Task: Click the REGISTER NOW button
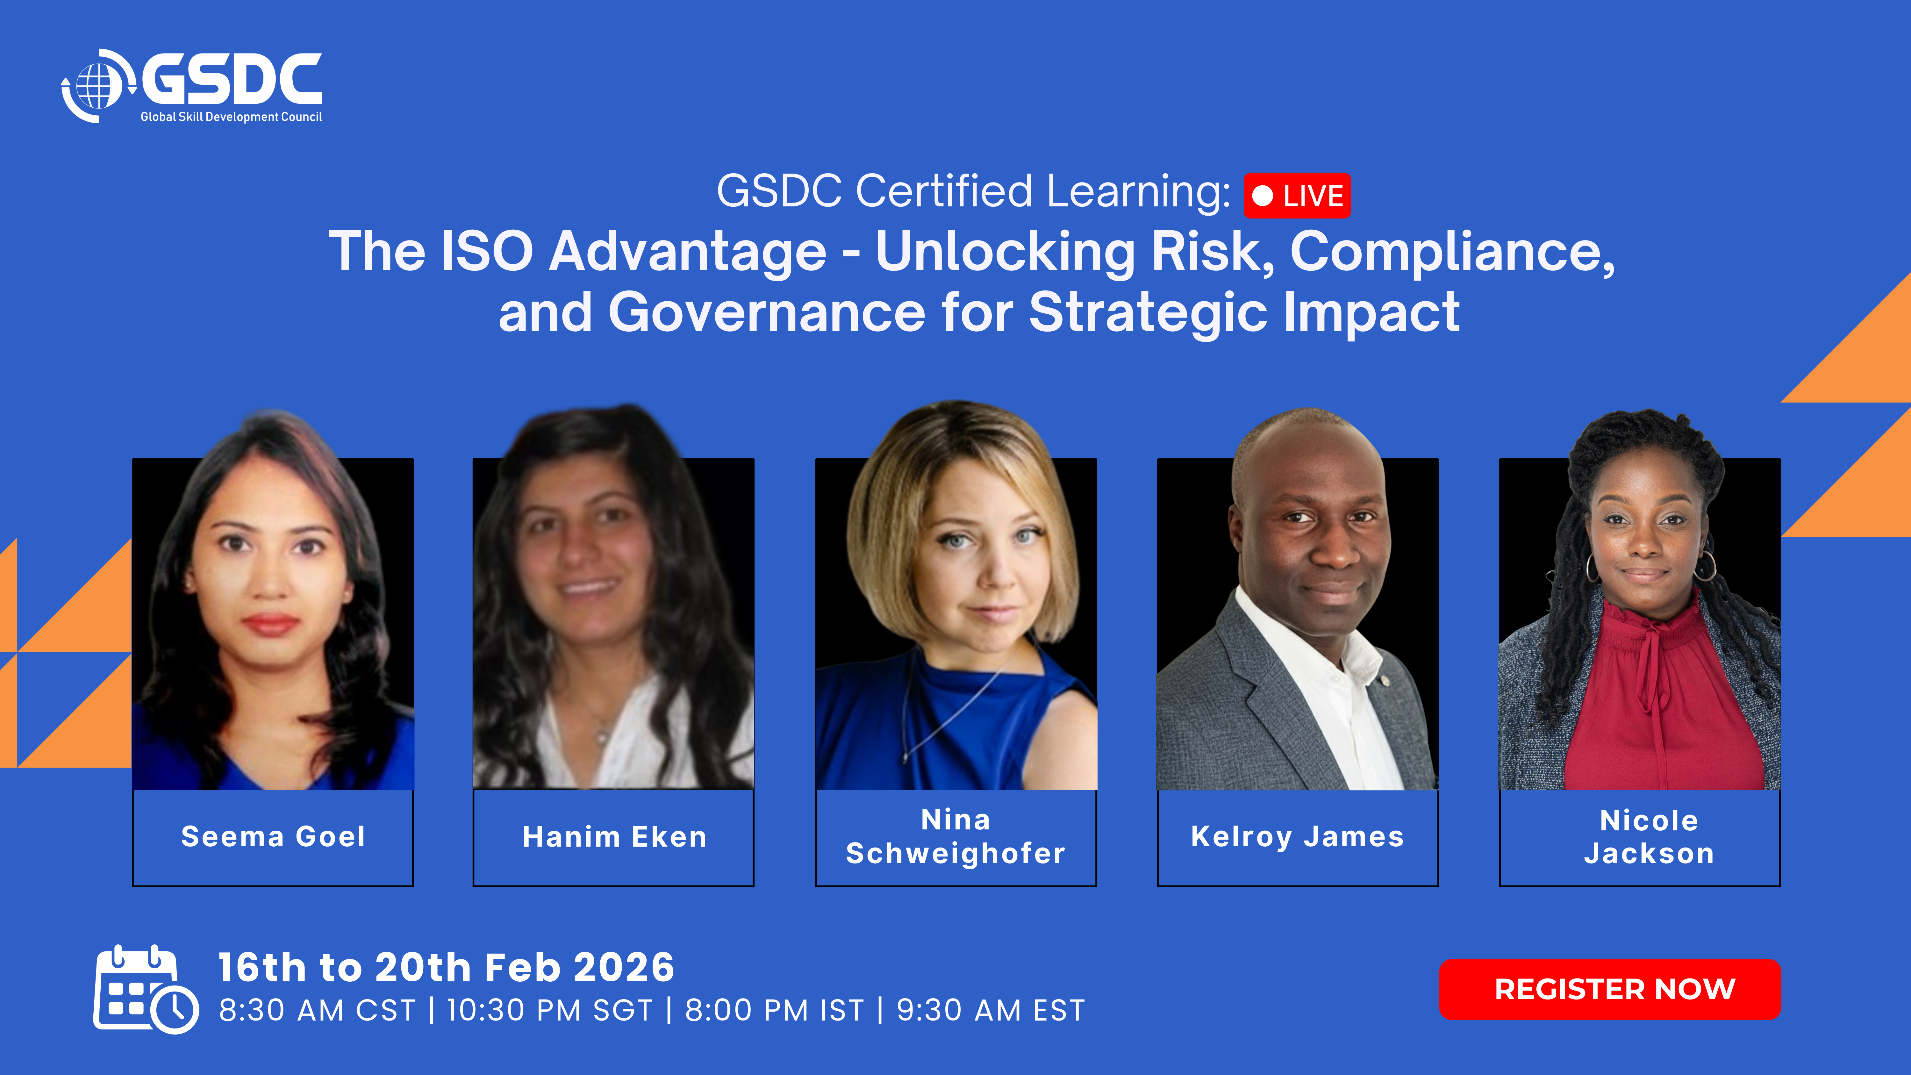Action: click(1610, 989)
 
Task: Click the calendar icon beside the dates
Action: click(146, 989)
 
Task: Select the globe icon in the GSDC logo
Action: click(97, 86)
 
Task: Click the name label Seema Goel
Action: click(273, 837)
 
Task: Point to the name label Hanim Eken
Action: click(614, 837)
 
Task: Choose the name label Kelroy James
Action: click(1298, 837)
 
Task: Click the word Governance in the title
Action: click(766, 312)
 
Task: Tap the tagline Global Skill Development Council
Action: click(232, 117)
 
